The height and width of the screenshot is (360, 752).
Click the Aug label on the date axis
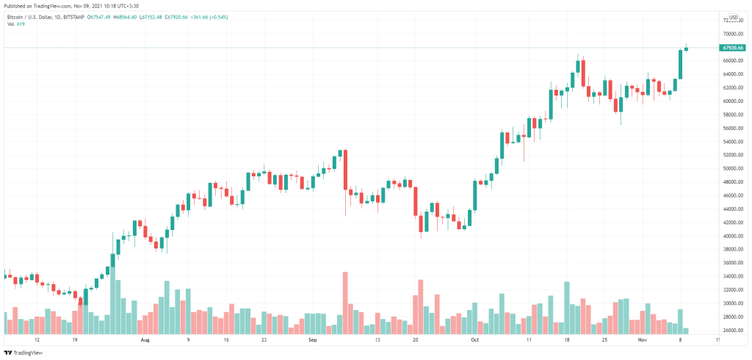(145, 341)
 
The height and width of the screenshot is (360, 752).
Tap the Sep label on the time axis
(312, 341)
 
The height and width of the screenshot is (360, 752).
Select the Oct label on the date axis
(474, 341)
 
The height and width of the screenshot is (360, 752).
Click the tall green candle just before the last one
(681, 64)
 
